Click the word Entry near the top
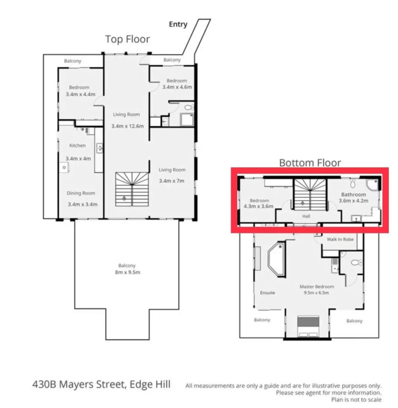178,24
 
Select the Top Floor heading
128,39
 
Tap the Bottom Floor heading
310,163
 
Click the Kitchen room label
78,146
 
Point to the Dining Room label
82,193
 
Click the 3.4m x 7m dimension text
172,181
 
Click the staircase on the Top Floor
132,188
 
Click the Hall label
306,216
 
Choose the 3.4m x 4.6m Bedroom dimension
177,87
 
